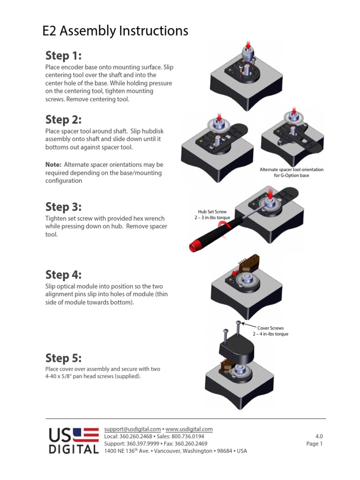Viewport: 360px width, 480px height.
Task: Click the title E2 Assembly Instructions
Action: click(115, 31)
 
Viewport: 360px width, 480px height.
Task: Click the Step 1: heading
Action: click(63, 56)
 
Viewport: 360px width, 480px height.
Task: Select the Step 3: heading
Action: click(63, 207)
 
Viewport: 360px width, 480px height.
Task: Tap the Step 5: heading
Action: click(63, 358)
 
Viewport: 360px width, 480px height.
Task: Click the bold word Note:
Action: click(53, 165)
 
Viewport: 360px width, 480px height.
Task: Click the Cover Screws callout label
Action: click(270, 328)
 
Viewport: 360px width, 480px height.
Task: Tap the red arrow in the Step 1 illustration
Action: click(248, 44)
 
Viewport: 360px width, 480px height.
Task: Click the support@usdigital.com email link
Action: click(132, 429)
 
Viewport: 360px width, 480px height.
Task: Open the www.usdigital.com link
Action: click(189, 429)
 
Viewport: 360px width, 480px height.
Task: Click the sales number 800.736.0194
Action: click(187, 436)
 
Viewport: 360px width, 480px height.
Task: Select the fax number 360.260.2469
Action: click(191, 443)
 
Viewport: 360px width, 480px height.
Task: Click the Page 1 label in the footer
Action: click(314, 443)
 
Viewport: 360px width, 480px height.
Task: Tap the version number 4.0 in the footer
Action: click(319, 436)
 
